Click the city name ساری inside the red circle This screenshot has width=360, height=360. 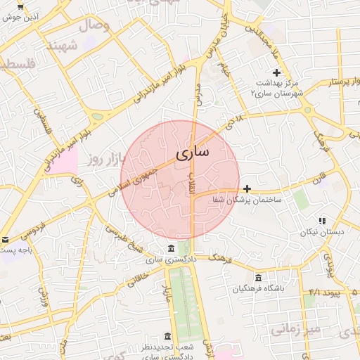pyautogui.click(x=191, y=153)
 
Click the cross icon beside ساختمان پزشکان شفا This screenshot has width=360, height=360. pyautogui.click(x=247, y=188)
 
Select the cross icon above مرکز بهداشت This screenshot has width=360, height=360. pyautogui.click(x=276, y=72)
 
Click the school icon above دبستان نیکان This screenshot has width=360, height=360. pyautogui.click(x=322, y=221)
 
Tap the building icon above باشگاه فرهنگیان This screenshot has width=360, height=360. pyautogui.click(x=259, y=277)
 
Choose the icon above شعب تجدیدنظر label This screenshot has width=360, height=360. pyautogui.click(x=167, y=336)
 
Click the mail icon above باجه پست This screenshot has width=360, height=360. pyautogui.click(x=5, y=240)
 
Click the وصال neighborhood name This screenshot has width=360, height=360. pyautogui.click(x=97, y=26)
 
